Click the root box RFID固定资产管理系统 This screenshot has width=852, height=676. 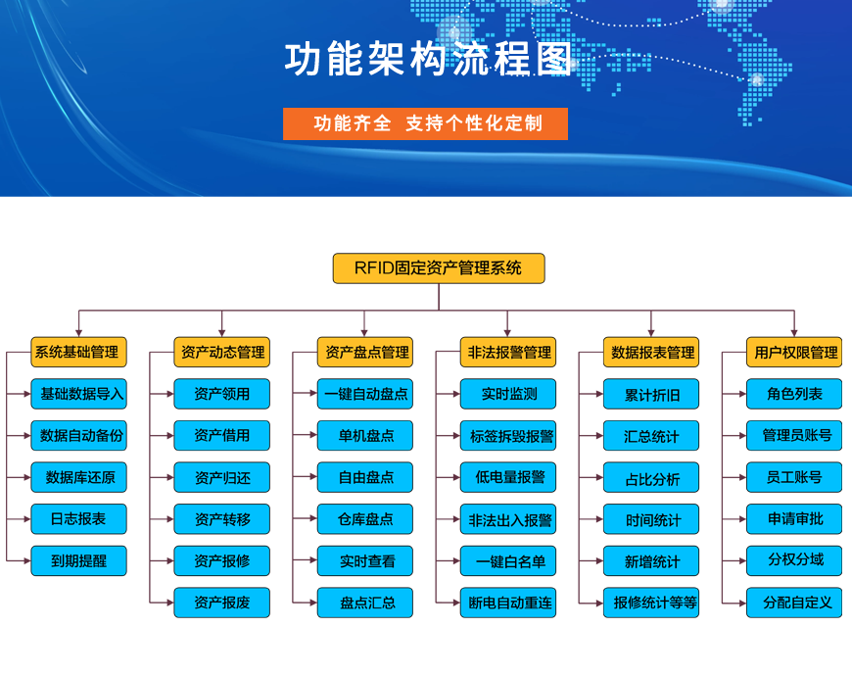pos(439,268)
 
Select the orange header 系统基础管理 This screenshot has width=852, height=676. pos(78,352)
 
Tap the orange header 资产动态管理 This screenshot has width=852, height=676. pos(221,352)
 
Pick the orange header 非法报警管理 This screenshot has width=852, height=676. pos(508,352)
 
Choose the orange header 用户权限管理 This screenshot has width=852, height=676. pos(794,352)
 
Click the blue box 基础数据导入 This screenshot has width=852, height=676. pos(78,394)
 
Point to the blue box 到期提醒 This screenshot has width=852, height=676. pos(78,560)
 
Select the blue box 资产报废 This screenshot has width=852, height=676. pos(221,603)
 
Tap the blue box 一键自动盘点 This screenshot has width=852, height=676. pos(365,394)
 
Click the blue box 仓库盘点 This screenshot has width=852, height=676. pos(365,519)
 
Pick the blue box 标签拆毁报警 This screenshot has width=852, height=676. pos(508,436)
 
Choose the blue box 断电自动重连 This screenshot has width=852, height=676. pos(508,603)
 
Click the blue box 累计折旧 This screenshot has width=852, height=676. pos(651,394)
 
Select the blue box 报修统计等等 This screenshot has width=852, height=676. pos(651,603)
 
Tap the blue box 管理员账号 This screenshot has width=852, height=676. pos(794,436)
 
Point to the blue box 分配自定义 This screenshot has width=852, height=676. pos(794,603)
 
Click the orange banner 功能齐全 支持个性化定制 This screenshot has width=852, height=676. pos(425,123)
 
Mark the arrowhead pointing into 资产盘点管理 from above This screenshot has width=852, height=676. pos(364,332)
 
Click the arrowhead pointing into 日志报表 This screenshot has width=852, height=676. pos(26,519)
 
